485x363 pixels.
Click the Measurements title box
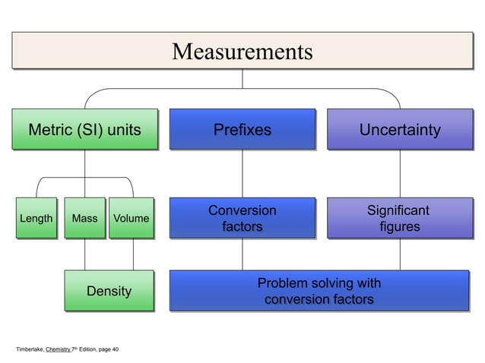click(242, 52)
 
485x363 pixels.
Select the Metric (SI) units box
click(84, 130)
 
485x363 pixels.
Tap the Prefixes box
click(242, 130)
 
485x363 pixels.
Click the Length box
click(36, 219)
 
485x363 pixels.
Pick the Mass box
click(84, 219)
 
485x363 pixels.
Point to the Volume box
click(131, 219)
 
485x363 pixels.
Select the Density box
click(108, 292)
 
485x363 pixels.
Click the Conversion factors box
click(242, 218)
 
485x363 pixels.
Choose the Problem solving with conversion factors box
click(319, 292)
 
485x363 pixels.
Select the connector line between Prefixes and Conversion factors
click(242, 173)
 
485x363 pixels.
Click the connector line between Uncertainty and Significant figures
click(399, 173)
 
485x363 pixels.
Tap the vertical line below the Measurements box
click(242, 78)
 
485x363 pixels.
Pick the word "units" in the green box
click(122, 130)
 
